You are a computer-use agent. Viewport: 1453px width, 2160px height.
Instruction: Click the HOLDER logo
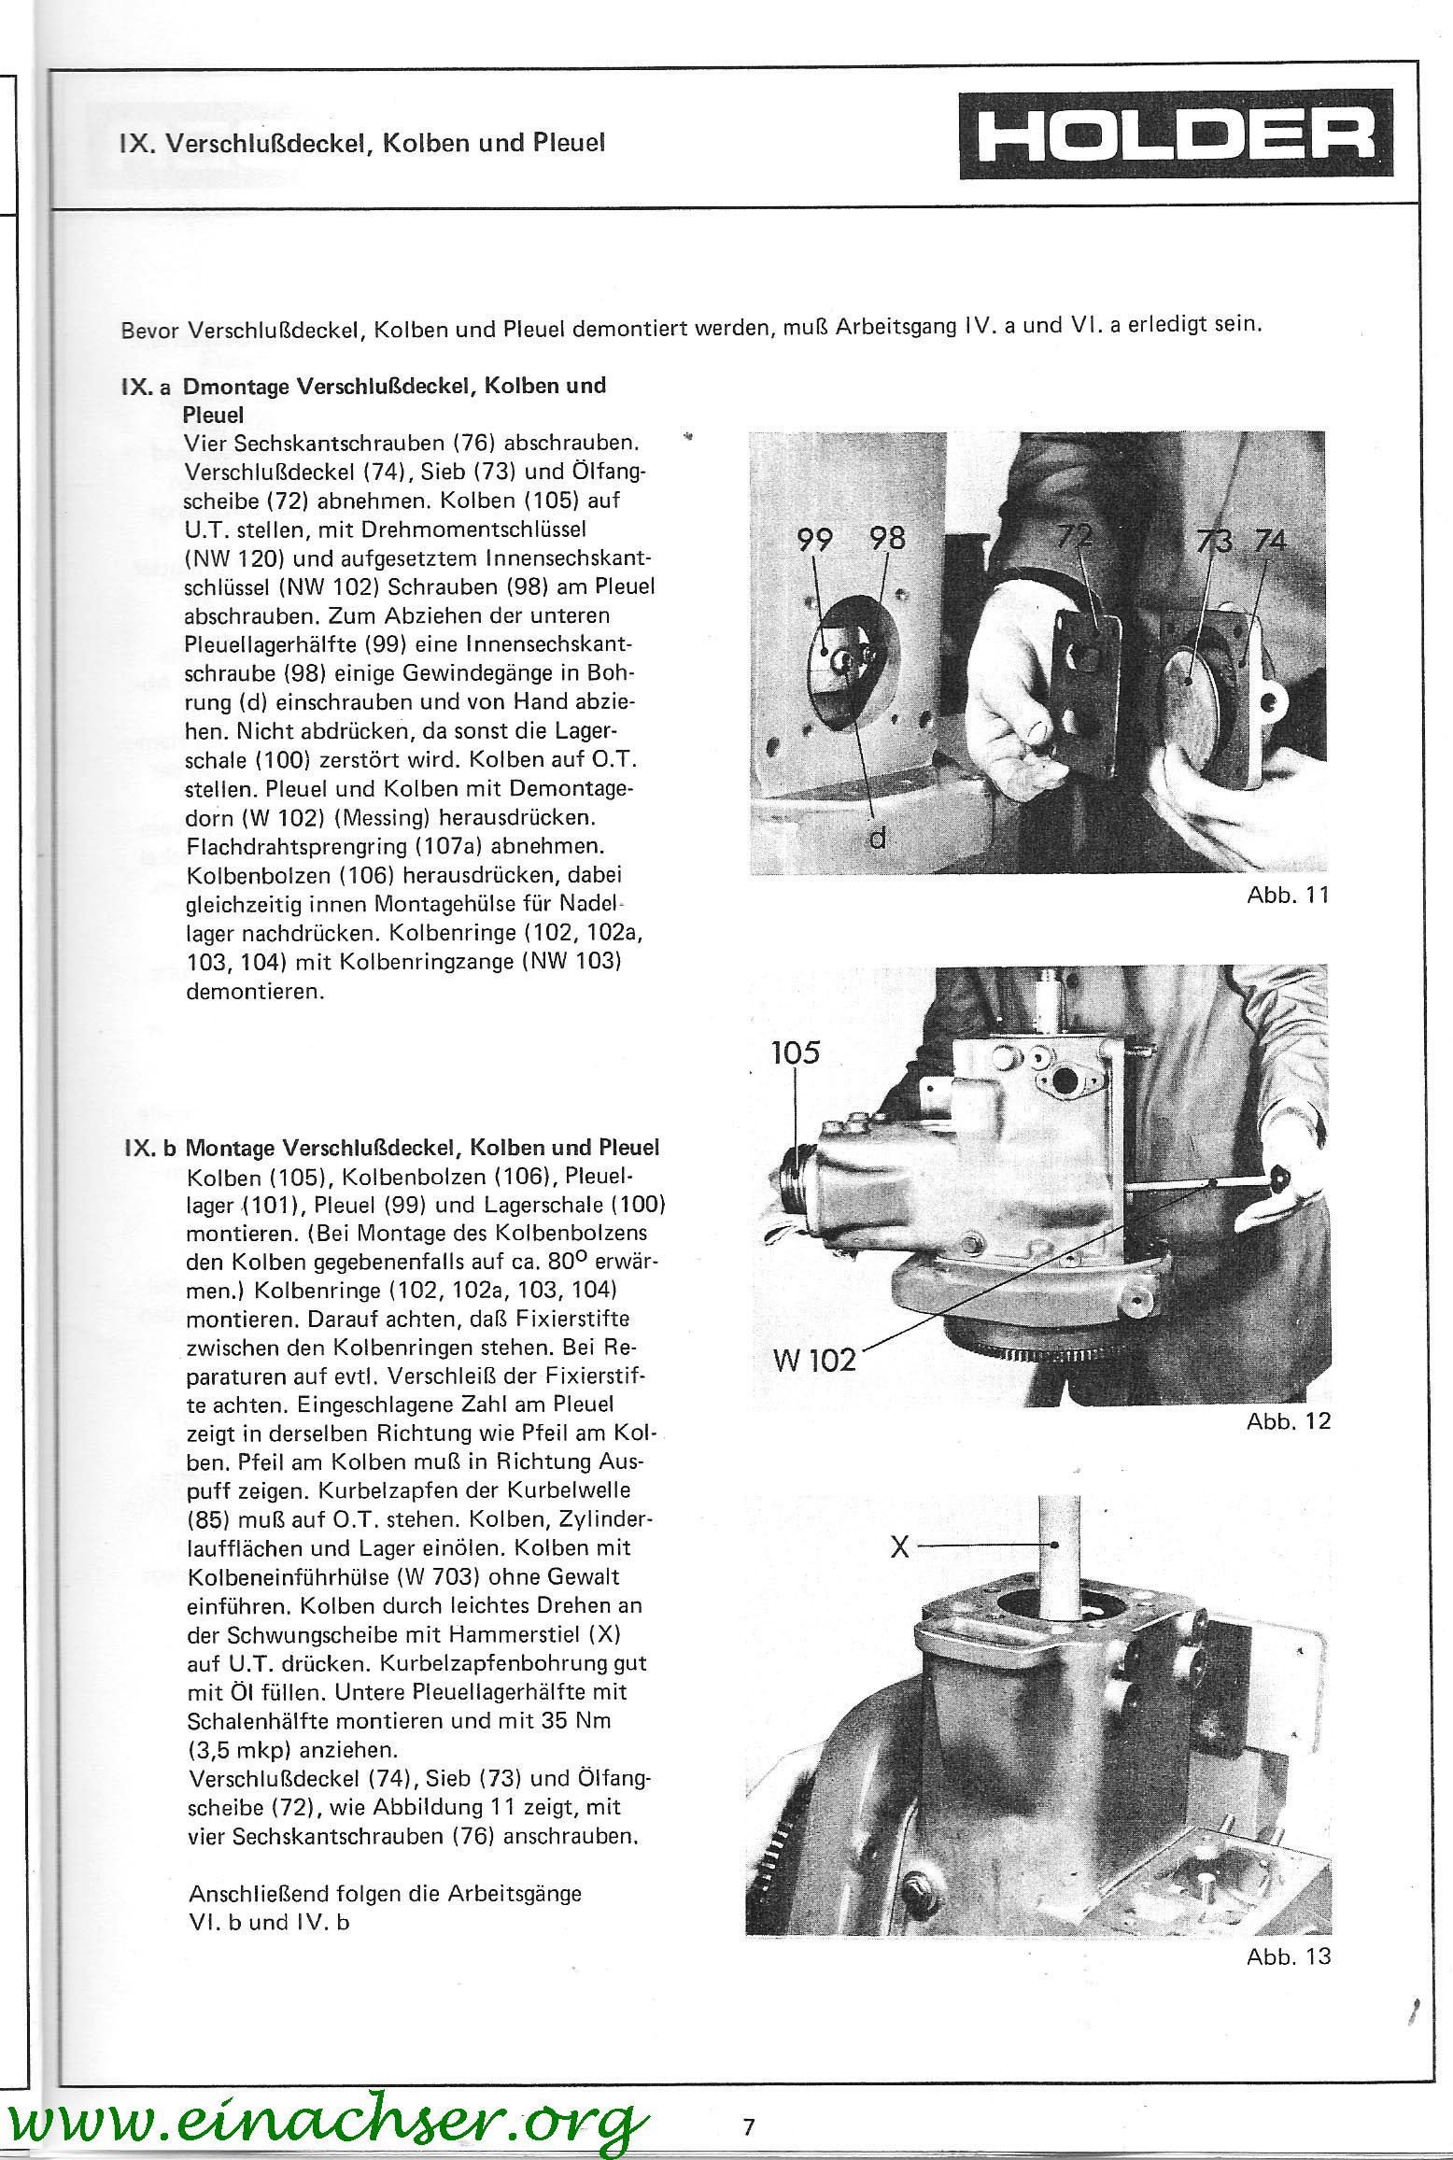pos(1176,134)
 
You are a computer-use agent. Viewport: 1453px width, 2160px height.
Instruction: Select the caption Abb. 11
pos(1288,896)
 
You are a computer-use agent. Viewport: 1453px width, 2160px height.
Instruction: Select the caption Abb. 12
pos(1288,1421)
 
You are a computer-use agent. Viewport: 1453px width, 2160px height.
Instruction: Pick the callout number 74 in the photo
pos(1270,541)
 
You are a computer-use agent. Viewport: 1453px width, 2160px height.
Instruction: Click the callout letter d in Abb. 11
pos(877,840)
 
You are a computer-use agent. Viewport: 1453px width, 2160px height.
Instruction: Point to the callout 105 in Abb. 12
pos(796,1053)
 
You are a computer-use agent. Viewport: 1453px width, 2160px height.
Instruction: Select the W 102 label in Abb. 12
pos(814,1359)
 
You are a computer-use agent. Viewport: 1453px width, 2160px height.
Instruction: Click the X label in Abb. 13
pos(899,1547)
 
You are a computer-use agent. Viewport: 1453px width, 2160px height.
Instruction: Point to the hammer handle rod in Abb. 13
pos(1061,1569)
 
